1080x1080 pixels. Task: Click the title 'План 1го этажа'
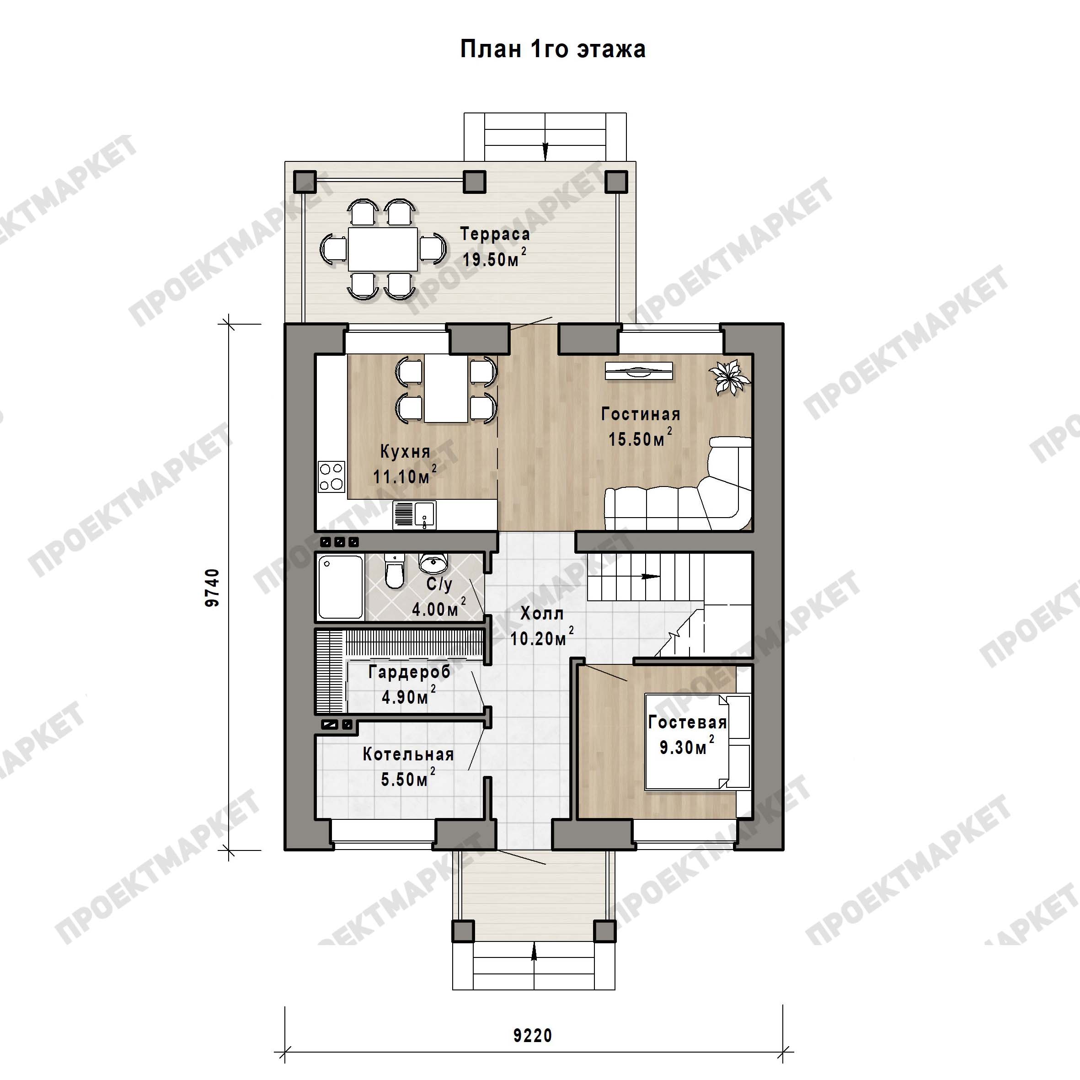552,49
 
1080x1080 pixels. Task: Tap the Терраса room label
495,234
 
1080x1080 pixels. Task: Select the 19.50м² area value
494,258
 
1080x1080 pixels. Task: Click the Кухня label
405,451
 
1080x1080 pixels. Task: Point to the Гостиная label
641,414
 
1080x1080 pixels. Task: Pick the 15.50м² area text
640,438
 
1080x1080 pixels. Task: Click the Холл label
542,613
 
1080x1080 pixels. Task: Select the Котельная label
408,754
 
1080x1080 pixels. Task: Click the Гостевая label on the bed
688,722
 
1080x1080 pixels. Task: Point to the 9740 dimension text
213,588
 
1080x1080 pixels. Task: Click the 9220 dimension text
533,1035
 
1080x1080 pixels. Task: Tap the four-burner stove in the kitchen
331,476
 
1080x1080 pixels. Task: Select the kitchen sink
414,514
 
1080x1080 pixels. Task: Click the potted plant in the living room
729,377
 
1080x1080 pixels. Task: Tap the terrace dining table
383,249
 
